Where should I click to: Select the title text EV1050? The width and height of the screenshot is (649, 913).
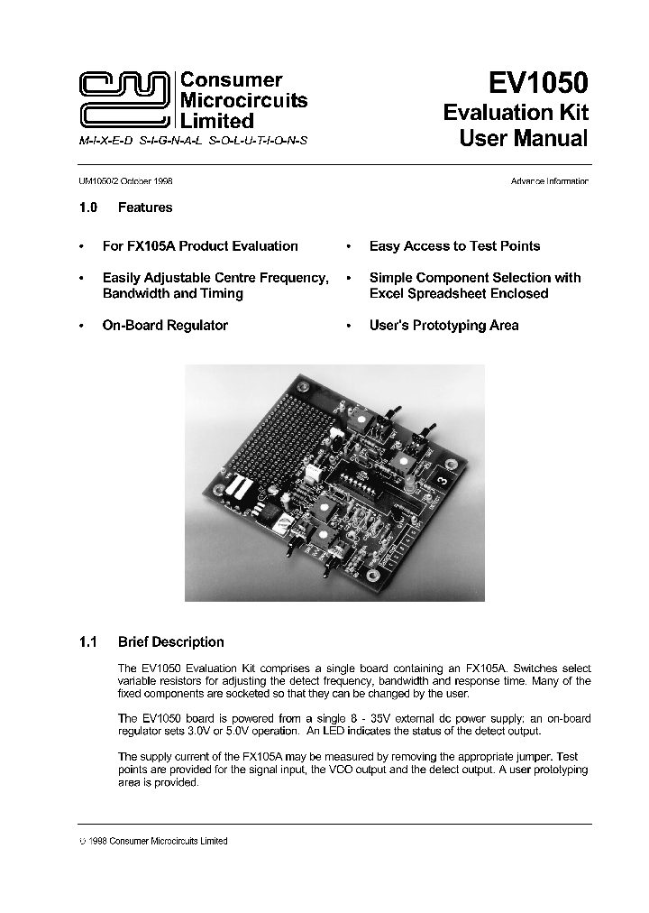tap(537, 83)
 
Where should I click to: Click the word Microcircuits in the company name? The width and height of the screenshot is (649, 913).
tap(244, 100)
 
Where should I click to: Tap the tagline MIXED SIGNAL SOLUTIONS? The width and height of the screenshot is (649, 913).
tap(193, 143)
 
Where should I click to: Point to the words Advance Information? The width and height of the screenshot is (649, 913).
tap(549, 181)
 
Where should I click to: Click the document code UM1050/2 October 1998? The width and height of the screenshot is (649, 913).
tap(125, 181)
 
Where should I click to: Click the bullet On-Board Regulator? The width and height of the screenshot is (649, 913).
tap(165, 325)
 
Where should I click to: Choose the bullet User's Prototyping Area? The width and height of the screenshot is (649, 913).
tap(443, 325)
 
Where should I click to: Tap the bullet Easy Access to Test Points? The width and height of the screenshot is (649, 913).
tap(454, 245)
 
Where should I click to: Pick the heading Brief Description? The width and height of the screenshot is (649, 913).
tap(170, 642)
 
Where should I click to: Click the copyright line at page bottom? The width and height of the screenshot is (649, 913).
tap(153, 841)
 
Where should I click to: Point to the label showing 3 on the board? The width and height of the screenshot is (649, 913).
tap(441, 481)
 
